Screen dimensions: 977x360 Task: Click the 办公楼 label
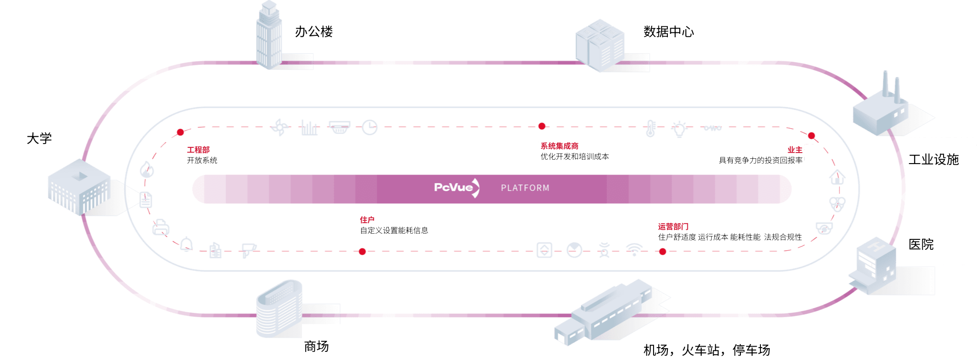click(x=314, y=32)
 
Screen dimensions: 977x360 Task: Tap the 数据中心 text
click(x=668, y=32)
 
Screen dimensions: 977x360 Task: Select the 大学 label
click(x=39, y=139)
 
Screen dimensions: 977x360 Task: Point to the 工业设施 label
click(x=934, y=160)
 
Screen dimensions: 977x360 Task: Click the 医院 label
click(x=921, y=245)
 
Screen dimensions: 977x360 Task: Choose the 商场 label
click(x=316, y=347)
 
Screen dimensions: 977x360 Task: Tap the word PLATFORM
click(x=525, y=188)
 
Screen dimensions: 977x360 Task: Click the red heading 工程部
click(x=198, y=150)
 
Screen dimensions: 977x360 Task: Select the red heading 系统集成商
click(x=559, y=146)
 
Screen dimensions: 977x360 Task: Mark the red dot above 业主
click(x=811, y=136)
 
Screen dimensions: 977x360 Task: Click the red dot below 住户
click(x=363, y=252)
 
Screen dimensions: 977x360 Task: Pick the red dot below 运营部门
click(x=663, y=252)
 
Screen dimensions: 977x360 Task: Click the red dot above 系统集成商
click(x=542, y=126)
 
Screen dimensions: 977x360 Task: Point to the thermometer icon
click(x=650, y=128)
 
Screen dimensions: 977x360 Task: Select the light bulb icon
click(x=679, y=129)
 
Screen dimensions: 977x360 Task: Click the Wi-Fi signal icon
click(x=634, y=249)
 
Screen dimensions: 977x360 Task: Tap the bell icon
click(x=187, y=244)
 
